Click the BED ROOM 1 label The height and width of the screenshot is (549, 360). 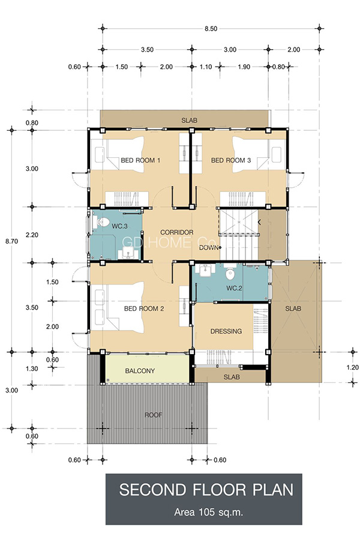click(x=140, y=160)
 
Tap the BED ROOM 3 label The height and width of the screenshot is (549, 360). click(x=231, y=160)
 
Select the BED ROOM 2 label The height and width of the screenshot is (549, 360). click(x=144, y=308)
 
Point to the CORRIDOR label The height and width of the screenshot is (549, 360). click(x=177, y=232)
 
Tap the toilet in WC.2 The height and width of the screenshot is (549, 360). click(x=230, y=274)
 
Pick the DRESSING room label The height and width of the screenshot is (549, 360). click(x=226, y=331)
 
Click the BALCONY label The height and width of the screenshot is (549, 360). click(x=140, y=371)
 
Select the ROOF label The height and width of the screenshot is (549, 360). click(x=154, y=415)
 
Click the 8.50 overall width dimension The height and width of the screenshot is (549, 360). click(x=211, y=29)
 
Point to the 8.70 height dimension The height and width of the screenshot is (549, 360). click(x=11, y=241)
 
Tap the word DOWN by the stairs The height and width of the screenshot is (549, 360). click(x=208, y=248)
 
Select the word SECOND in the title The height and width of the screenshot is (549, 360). click(x=152, y=490)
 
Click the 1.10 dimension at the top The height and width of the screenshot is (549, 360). click(x=206, y=67)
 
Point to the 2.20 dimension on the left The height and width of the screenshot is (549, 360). click(x=32, y=235)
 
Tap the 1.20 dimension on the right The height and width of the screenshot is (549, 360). click(x=353, y=367)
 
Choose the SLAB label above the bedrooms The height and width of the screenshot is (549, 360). click(x=189, y=121)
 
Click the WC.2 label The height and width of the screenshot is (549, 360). click(x=234, y=288)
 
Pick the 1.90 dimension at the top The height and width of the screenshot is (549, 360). click(x=244, y=67)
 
